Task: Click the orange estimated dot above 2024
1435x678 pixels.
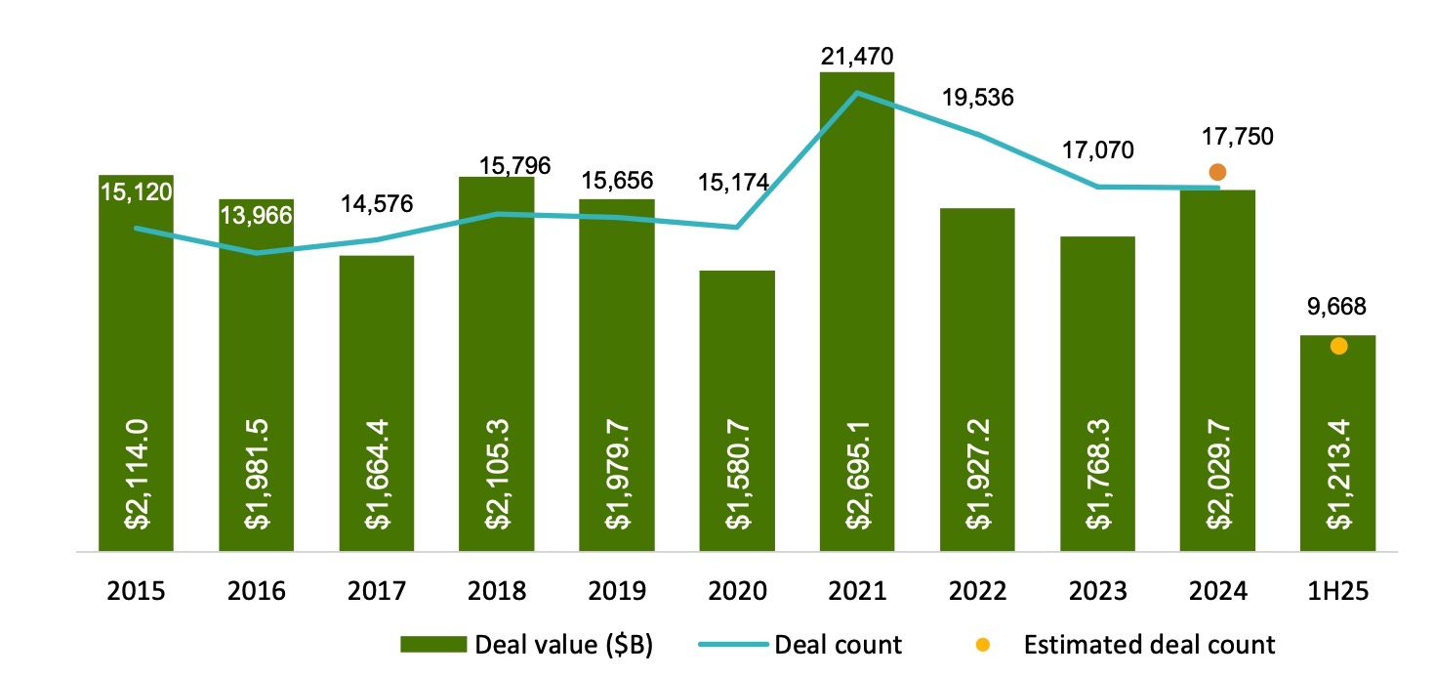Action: pyautogui.click(x=1216, y=173)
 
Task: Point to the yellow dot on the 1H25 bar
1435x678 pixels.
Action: pyautogui.click(x=1338, y=346)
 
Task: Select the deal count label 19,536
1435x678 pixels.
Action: pyautogui.click(x=977, y=98)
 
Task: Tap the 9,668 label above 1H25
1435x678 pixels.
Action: pyautogui.click(x=1337, y=307)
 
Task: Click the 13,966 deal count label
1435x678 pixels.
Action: pyautogui.click(x=256, y=215)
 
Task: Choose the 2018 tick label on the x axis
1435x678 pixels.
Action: pyautogui.click(x=497, y=592)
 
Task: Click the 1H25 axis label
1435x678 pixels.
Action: pyautogui.click(x=1337, y=592)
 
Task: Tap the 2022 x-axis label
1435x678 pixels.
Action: pyautogui.click(x=977, y=592)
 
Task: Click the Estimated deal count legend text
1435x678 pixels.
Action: pyautogui.click(x=1149, y=645)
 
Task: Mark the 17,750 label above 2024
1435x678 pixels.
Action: pyautogui.click(x=1237, y=137)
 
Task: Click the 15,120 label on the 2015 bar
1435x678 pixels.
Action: pyautogui.click(x=136, y=191)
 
